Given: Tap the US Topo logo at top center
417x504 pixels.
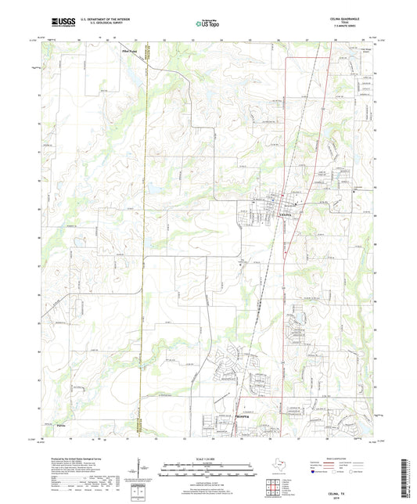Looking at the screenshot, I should tap(207, 25).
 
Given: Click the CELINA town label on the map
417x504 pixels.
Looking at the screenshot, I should tap(286, 213).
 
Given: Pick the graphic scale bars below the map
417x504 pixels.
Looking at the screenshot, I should tap(207, 470).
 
